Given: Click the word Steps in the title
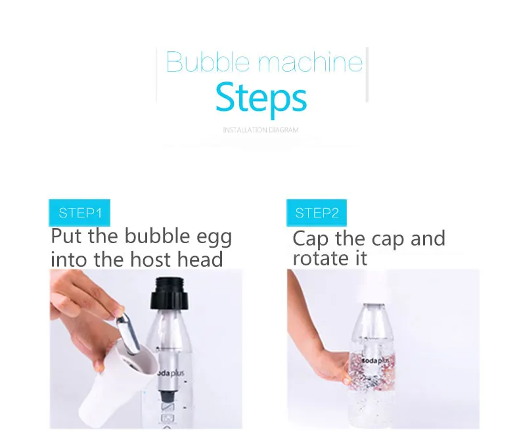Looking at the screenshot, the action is point(261,99).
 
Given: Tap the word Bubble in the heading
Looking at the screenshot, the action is point(208,62).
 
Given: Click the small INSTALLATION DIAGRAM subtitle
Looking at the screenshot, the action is point(261,129).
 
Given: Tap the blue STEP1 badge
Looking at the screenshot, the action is point(79,212).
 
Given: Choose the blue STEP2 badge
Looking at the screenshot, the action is point(317,212).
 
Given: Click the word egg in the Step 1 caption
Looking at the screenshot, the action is point(214,238).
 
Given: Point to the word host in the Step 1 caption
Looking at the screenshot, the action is point(150,259).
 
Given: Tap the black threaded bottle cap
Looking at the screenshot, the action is point(169,293).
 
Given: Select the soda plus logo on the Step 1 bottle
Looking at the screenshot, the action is point(171,373).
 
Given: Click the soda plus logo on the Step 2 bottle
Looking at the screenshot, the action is point(373,361).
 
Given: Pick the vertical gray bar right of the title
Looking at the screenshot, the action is point(367,74).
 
